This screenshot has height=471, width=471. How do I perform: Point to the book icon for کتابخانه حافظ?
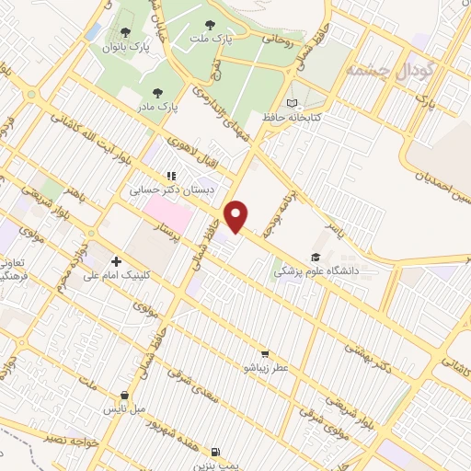[293, 103]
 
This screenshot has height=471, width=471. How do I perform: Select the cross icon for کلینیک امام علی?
[116, 261]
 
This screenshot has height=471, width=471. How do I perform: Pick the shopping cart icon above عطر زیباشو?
[265, 353]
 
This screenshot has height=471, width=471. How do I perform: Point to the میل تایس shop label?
[123, 408]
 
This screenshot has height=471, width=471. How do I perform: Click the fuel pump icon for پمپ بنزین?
[215, 452]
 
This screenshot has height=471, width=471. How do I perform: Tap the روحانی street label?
[276, 40]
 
